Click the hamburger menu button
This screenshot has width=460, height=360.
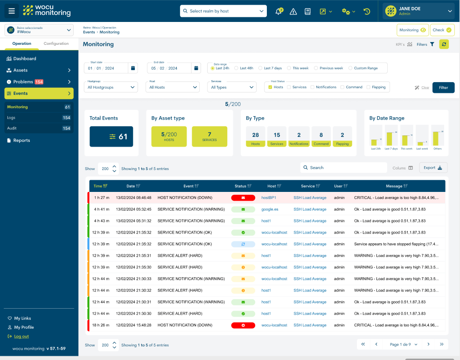tap(12, 11)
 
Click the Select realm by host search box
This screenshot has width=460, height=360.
tap(223, 11)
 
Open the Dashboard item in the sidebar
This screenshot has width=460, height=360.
tap(25, 59)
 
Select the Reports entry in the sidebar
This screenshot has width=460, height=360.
tap(21, 141)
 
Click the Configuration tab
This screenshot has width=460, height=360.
tap(56, 43)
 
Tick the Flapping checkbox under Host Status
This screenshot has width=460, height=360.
tap(369, 87)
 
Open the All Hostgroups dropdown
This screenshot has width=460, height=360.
tap(112, 87)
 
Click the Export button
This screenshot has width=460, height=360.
tap(433, 168)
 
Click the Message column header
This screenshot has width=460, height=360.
tap(394, 186)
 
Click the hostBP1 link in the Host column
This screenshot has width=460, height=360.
tap(268, 198)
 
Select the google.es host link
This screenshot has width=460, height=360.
tap(270, 209)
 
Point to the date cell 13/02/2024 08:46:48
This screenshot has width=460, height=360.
tap(133, 198)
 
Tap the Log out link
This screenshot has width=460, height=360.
tap(21, 336)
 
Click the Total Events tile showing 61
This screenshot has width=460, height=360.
tap(111, 137)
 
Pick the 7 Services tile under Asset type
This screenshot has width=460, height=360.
tap(209, 137)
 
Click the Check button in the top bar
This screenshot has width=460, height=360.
tap(442, 30)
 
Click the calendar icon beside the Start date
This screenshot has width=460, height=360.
tap(133, 68)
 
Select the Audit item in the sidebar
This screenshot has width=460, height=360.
tap(12, 128)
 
